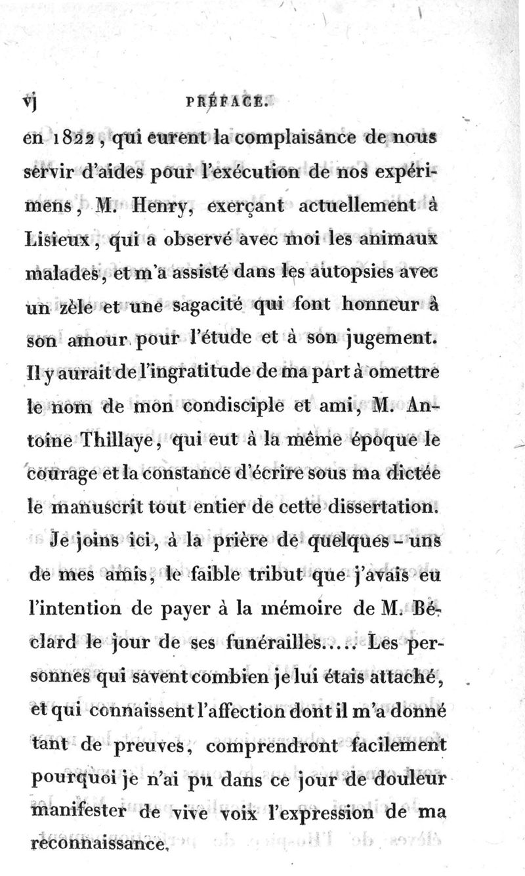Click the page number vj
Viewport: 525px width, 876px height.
pyautogui.click(x=28, y=104)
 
